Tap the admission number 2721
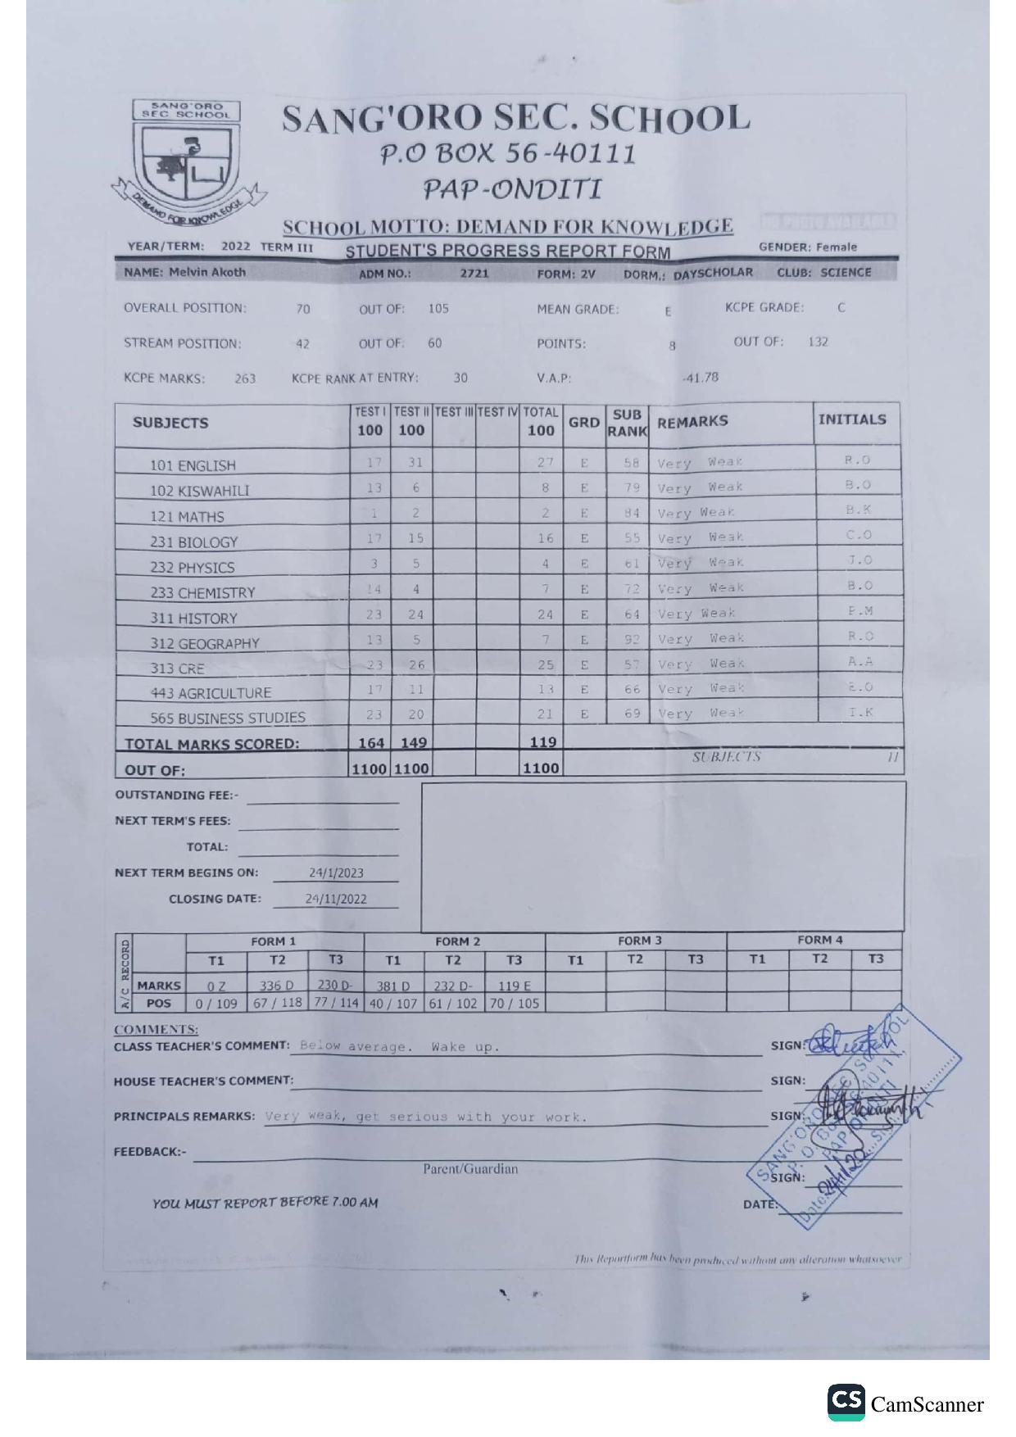[474, 274]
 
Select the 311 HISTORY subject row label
[193, 619]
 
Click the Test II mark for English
[415, 463]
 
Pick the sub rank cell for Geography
[631, 639]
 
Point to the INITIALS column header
[852, 419]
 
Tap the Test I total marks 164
[371, 742]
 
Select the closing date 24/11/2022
[336, 899]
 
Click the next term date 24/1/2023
[336, 873]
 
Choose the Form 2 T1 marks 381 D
[393, 986]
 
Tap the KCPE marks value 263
[245, 379]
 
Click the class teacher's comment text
[399, 1046]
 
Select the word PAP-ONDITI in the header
[512, 190]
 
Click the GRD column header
[583, 423]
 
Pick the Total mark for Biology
[545, 538]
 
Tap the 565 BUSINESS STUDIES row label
[227, 718]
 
